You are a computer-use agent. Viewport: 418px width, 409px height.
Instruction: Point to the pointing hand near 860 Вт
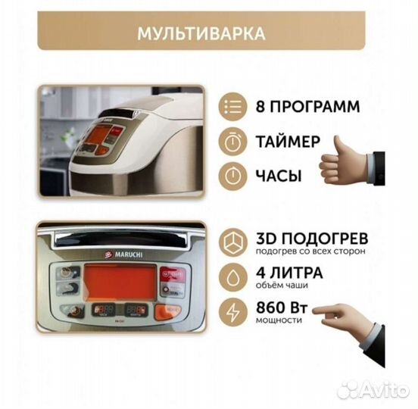(352, 322)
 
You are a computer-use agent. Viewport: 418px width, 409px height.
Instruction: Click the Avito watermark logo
(373, 389)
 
